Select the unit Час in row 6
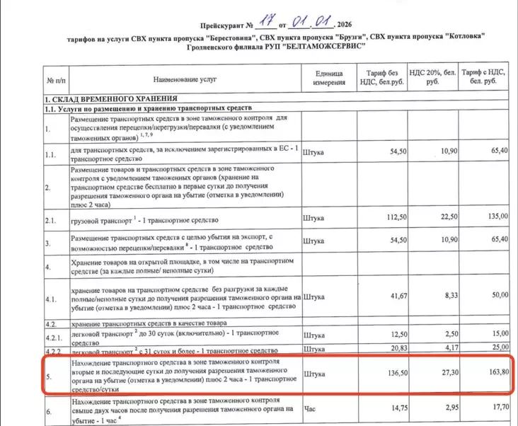click(x=309, y=408)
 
